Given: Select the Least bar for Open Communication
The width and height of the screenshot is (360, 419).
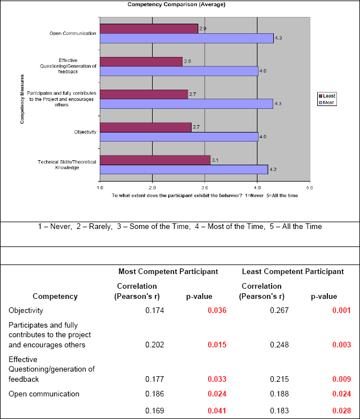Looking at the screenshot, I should [x=149, y=29].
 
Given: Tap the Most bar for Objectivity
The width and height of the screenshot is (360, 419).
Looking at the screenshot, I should [x=179, y=137].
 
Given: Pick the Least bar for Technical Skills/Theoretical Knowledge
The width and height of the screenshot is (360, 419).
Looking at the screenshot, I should [x=155, y=160].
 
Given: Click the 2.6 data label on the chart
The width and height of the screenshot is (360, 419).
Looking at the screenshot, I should [x=187, y=61].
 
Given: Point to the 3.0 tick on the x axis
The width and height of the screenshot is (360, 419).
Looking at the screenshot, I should [x=205, y=187].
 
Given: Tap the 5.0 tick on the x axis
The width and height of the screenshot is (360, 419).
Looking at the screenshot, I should [x=309, y=187].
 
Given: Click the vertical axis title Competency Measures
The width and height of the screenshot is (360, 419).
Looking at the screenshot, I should [x=22, y=99].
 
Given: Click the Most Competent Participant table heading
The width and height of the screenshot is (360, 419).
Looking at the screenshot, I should [x=168, y=271].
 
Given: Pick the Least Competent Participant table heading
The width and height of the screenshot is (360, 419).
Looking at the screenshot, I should [x=292, y=271].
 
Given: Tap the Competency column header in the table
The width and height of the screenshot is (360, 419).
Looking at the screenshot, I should [x=55, y=296].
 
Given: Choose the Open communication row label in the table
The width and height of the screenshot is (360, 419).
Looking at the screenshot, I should [x=44, y=394].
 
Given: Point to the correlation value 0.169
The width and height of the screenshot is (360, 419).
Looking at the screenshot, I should [x=155, y=411].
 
